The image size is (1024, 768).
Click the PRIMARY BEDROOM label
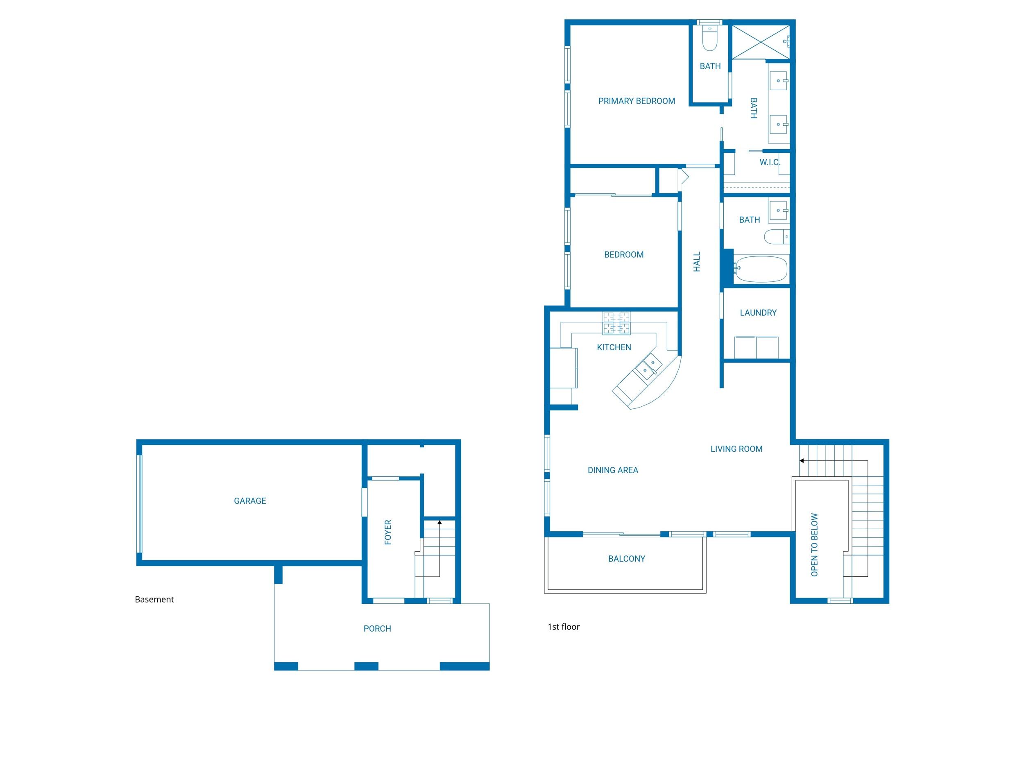point(636,101)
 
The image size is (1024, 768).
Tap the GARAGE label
point(249,501)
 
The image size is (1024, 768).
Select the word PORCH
point(377,628)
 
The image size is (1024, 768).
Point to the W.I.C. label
point(769,162)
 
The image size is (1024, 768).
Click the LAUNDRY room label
point(758,313)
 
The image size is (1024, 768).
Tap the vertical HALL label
point(696,262)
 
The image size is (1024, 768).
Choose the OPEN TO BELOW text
point(814,544)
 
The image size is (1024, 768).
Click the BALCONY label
point(626,558)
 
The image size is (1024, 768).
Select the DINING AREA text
point(612,470)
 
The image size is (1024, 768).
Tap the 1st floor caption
point(563,626)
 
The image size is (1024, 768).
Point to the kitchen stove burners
point(616,323)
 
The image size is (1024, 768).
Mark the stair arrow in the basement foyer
point(440,522)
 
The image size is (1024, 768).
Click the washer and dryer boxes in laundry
point(757,347)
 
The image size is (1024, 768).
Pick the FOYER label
point(388,532)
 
